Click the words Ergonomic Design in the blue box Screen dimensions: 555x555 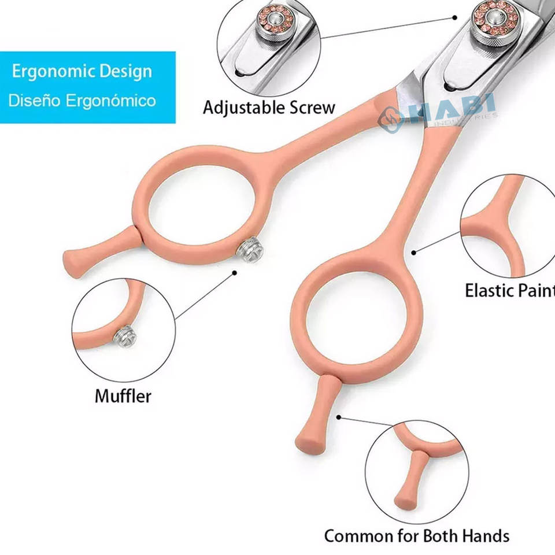(82, 72)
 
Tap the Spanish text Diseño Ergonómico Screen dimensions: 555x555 (82, 101)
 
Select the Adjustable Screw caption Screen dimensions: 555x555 (269, 108)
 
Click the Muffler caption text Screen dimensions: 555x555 (123, 397)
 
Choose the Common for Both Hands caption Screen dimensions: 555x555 (416, 535)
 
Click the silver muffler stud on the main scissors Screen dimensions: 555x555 (250, 251)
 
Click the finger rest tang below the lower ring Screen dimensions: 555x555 (316, 416)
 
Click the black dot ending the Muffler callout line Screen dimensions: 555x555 (234, 272)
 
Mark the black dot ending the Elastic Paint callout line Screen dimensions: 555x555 (414, 253)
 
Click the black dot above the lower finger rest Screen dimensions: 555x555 (340, 415)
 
